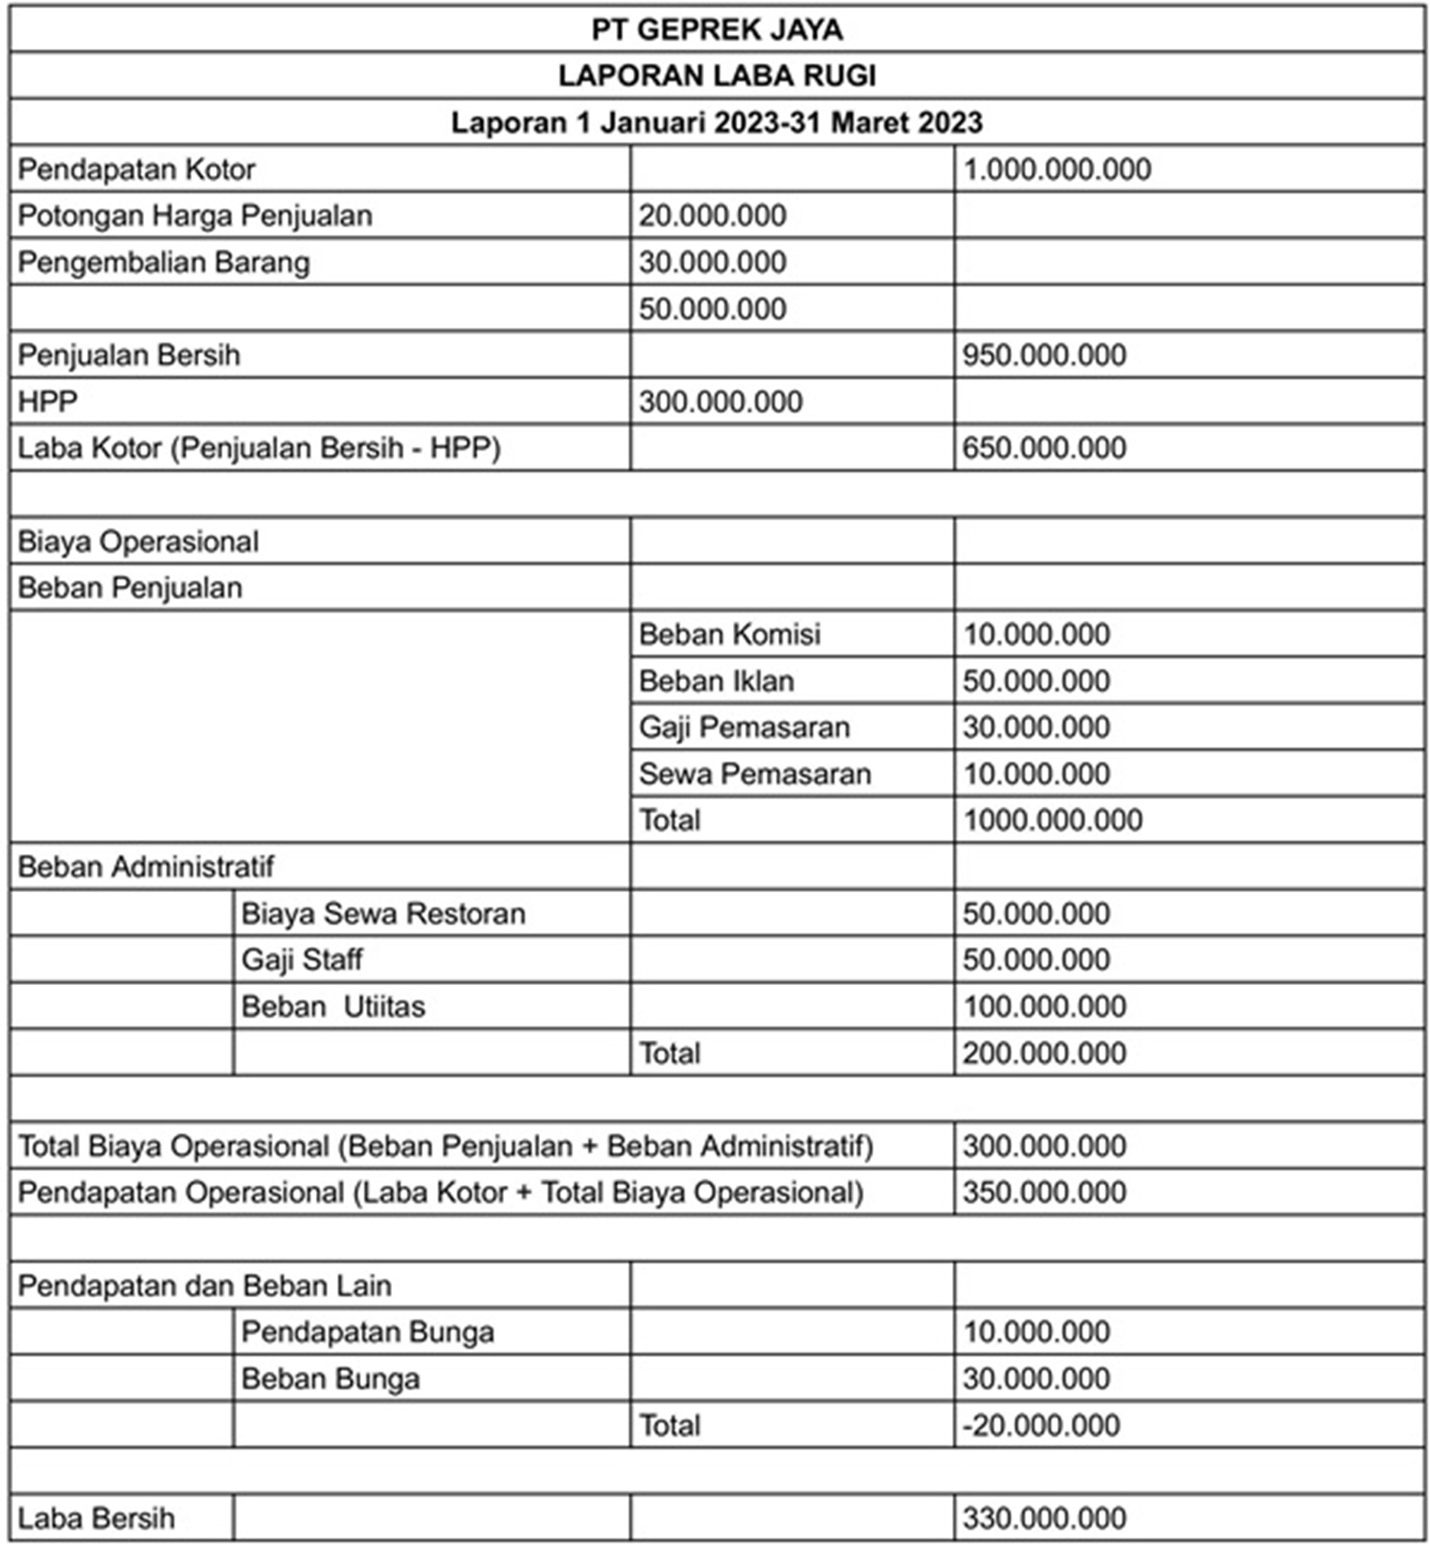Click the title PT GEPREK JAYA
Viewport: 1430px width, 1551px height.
[x=717, y=30]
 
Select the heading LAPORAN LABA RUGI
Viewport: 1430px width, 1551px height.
[x=717, y=75]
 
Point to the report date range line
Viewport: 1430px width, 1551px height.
[x=717, y=122]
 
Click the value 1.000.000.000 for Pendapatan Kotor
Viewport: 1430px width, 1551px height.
[x=1056, y=169]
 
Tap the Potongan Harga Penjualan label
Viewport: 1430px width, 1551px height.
[x=195, y=216]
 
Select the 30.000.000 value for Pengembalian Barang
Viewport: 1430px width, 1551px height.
[x=712, y=262]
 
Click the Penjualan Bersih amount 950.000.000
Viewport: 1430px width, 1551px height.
[x=1044, y=355]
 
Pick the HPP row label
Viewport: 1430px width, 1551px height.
[x=48, y=402]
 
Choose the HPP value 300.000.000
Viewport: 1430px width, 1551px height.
[x=721, y=402]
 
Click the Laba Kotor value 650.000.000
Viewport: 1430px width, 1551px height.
[x=1044, y=448]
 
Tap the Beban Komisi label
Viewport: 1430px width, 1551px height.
[x=729, y=634]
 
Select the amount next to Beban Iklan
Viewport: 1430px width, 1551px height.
[x=1036, y=681]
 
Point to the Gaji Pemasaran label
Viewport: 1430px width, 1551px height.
[x=744, y=727]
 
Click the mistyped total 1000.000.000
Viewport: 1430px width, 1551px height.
[x=1052, y=820]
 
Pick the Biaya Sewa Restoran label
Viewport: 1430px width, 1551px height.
[x=383, y=914]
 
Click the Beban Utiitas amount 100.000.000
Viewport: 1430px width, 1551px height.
[x=1044, y=1007]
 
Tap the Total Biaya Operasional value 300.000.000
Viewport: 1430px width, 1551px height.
[x=1044, y=1145]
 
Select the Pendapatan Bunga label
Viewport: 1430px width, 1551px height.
[x=368, y=1331]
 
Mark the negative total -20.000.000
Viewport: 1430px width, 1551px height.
[x=1041, y=1425]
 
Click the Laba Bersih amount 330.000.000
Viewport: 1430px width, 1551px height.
[x=1044, y=1517]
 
